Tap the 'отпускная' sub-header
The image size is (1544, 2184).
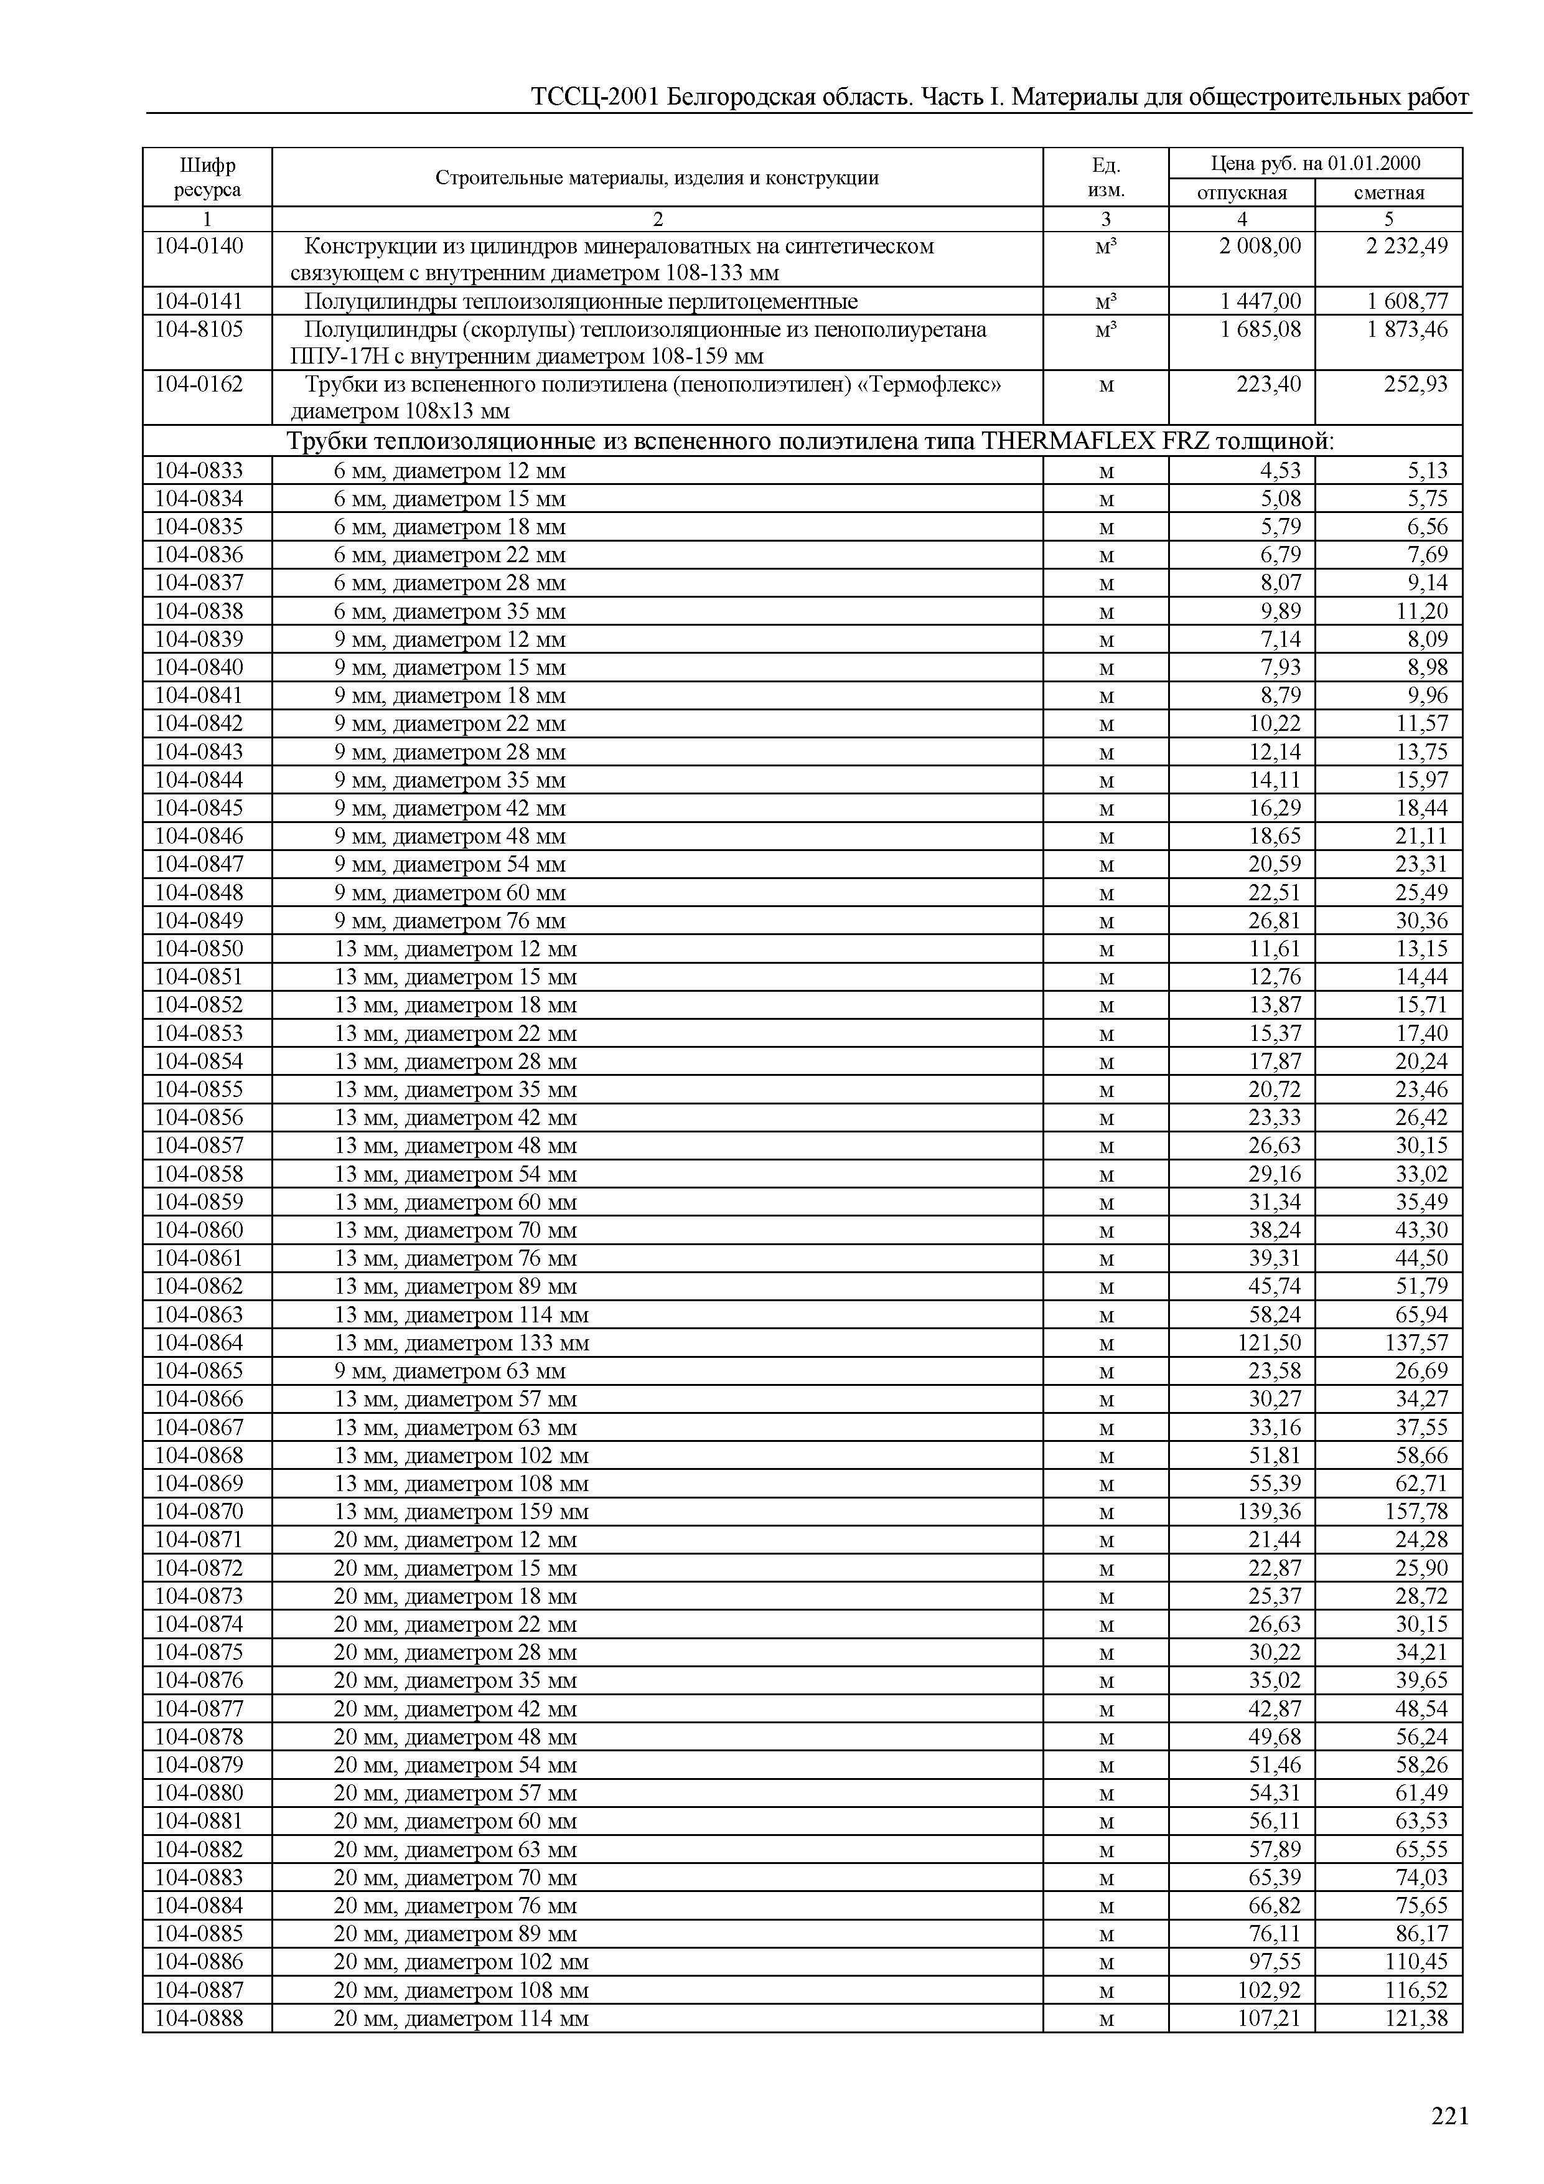coord(1241,193)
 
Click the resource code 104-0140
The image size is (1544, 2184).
coord(199,247)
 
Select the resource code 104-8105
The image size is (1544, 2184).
coord(199,330)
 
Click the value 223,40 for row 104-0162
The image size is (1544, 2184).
coord(1268,384)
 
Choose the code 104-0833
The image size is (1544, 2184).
coord(199,471)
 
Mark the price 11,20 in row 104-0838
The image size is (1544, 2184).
coord(1421,611)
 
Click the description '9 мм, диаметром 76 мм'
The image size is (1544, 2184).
coord(450,921)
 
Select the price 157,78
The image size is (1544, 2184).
coord(1416,1512)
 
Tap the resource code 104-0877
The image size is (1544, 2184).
coord(199,1710)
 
